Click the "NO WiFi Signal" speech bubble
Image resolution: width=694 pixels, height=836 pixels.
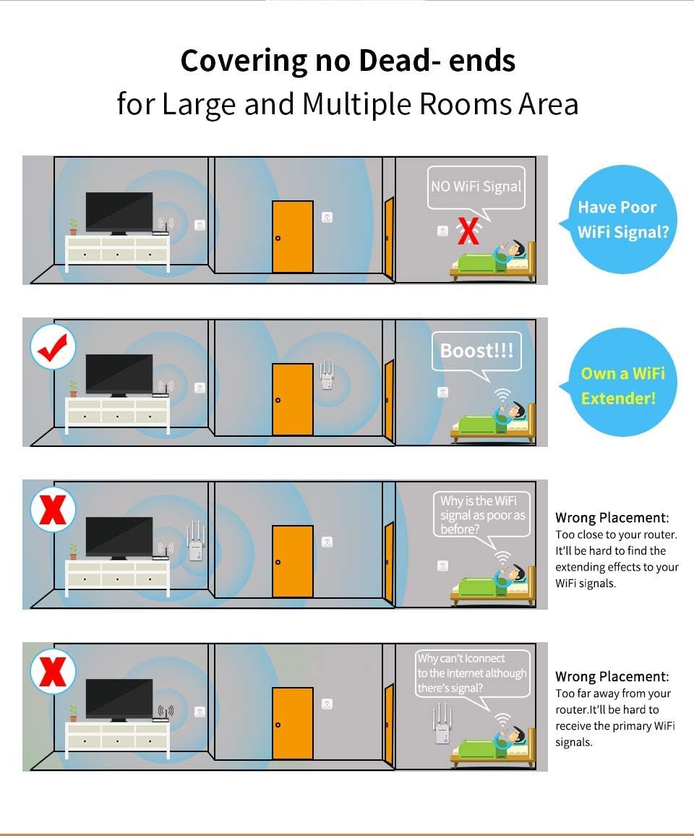(x=475, y=187)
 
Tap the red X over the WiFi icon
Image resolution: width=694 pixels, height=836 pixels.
(x=469, y=231)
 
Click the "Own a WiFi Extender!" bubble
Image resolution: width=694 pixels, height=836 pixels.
(x=622, y=385)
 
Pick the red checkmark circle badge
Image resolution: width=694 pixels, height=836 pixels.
(x=53, y=348)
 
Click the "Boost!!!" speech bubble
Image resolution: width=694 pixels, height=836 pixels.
(x=476, y=351)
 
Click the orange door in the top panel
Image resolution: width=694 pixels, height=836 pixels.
(x=293, y=237)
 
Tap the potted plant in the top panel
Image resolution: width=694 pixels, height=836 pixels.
(x=73, y=226)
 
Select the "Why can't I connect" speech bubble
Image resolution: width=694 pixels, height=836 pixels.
(x=472, y=673)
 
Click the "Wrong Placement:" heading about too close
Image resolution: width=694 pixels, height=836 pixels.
(x=612, y=518)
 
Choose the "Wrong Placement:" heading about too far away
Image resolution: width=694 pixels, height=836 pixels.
(x=612, y=677)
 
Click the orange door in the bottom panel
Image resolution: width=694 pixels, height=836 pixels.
(x=293, y=724)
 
